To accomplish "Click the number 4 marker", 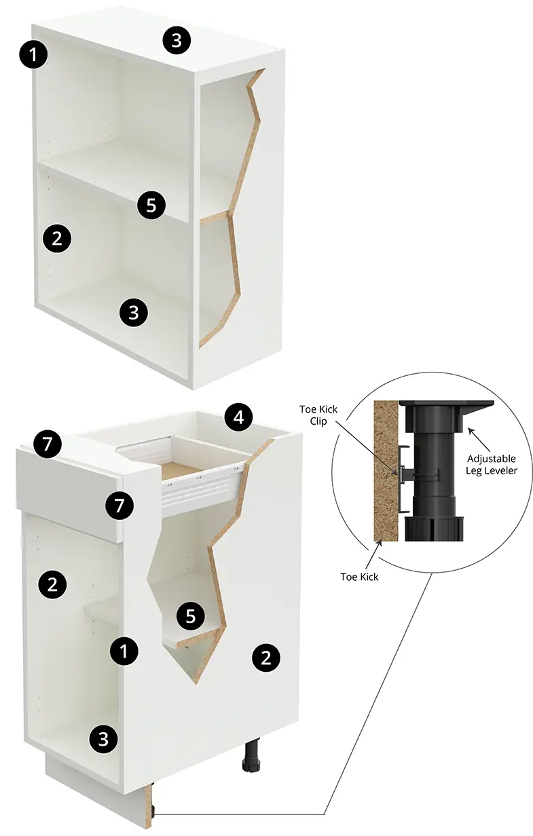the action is pos(239,417).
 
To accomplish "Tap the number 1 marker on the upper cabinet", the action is pos(34,55).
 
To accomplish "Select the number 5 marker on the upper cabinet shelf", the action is pos(151,205).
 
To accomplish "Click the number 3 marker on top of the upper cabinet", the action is pos(177,40).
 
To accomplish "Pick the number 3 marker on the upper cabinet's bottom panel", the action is pos(133,312).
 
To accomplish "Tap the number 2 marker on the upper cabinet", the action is pos(57,238).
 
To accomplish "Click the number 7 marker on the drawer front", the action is pos(119,506).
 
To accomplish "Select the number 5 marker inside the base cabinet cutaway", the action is pos(191,615).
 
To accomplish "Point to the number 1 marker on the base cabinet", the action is pos(124,651).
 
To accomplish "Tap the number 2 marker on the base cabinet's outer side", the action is pos(266,658).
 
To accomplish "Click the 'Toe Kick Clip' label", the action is pos(318,415).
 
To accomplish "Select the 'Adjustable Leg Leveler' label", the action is pos(491,464).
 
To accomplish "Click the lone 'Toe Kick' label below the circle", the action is pos(359,577).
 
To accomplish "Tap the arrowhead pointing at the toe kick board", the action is pos(380,544).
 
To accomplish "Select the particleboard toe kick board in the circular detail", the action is pos(386,471).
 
